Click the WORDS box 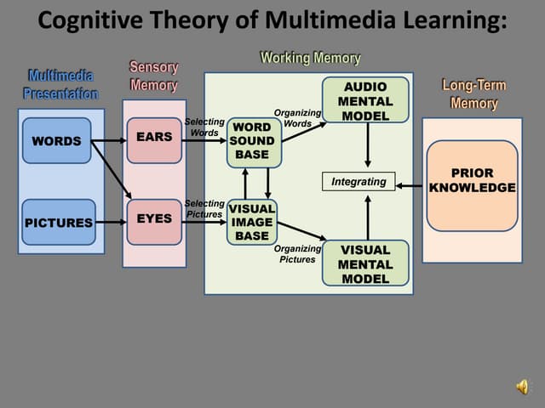(x=56, y=140)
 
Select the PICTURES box (x=58, y=222)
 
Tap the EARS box (x=154, y=137)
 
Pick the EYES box (x=154, y=218)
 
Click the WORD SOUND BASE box (x=252, y=141)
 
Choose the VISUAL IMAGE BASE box (x=252, y=222)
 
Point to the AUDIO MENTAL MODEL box (x=365, y=100)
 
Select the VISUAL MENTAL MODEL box (x=365, y=263)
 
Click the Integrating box (x=359, y=181)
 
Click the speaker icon (x=521, y=387)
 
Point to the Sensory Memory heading (x=153, y=76)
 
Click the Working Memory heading (x=310, y=58)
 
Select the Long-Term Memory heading (x=473, y=93)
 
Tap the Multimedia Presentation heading (x=60, y=85)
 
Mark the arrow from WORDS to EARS (x=108, y=140)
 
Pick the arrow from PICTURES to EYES (x=110, y=222)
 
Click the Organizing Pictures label (x=297, y=253)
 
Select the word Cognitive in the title (x=90, y=20)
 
